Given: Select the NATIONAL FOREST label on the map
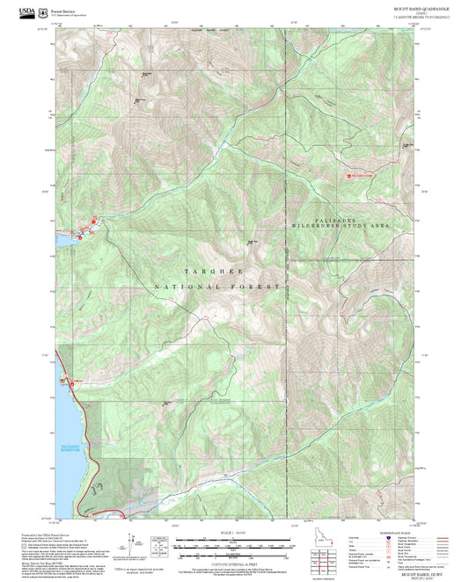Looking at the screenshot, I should pos(216,287).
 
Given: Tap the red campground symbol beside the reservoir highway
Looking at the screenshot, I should pos(65,382).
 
